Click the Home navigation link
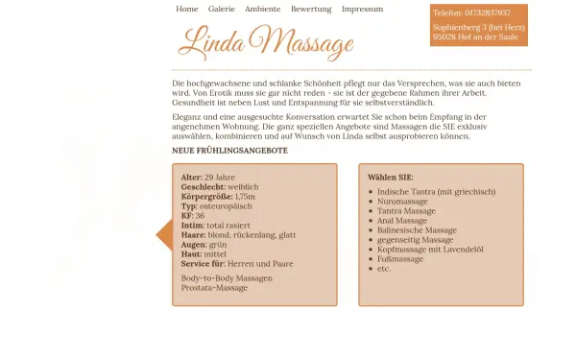tap(187, 9)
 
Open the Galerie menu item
tap(221, 9)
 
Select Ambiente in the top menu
tap(262, 9)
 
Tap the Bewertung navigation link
tap(311, 9)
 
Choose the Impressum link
tap(362, 9)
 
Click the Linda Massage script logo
tap(265, 42)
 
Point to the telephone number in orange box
tap(472, 12)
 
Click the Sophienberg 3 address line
tap(478, 27)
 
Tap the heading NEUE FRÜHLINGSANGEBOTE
tap(229, 151)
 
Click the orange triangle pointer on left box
tap(163, 234)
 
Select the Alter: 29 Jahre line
tap(207, 178)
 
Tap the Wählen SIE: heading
tap(390, 178)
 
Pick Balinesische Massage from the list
tap(417, 230)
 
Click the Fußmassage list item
tap(400, 259)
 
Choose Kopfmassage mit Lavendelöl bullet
tap(428, 250)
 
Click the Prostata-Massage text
tap(214, 288)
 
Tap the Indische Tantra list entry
tap(437, 192)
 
